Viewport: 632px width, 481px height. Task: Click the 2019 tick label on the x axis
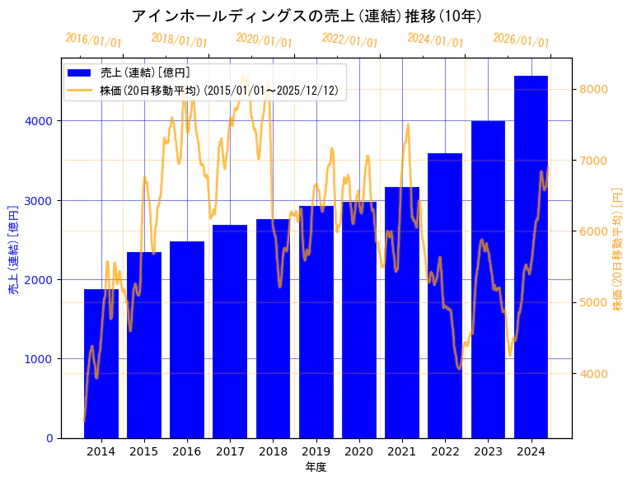(x=316, y=451)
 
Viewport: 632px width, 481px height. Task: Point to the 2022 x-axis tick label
(x=445, y=451)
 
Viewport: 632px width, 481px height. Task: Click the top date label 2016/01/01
(x=93, y=40)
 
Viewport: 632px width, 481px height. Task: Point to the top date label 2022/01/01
(x=350, y=40)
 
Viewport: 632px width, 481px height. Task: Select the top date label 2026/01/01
(x=522, y=40)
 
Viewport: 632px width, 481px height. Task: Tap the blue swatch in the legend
(x=80, y=72)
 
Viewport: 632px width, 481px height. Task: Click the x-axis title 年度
(x=316, y=467)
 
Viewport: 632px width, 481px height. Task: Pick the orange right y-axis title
(x=617, y=249)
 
